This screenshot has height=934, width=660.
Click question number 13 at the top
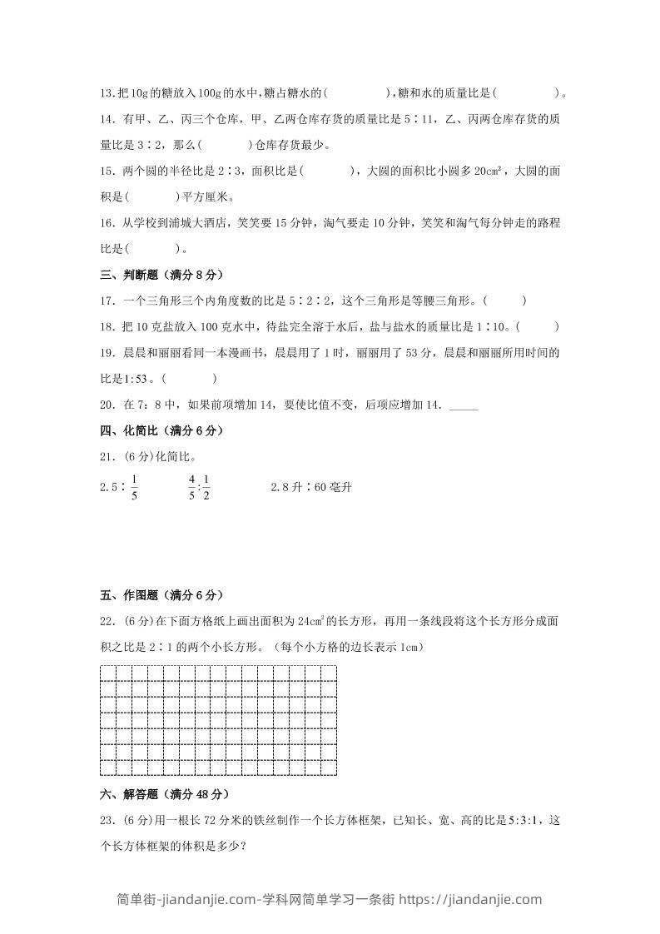pyautogui.click(x=107, y=93)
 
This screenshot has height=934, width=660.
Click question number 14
pyautogui.click(x=107, y=119)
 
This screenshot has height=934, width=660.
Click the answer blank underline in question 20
pyautogui.click(x=464, y=407)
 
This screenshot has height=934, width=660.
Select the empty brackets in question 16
pyautogui.click(x=154, y=248)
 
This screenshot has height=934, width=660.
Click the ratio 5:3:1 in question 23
pyautogui.click(x=523, y=820)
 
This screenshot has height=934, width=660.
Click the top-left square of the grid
pyautogui.click(x=107, y=673)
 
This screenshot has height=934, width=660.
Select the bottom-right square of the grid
pyautogui.click(x=329, y=768)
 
